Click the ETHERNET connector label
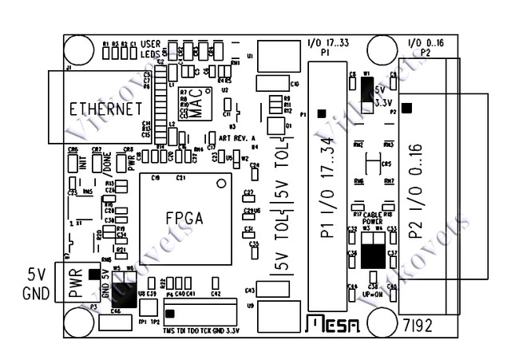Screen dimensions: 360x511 pyautogui.click(x=105, y=109)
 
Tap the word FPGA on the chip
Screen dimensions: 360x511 pyautogui.click(x=184, y=218)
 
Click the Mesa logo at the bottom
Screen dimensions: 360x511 pyautogui.click(x=333, y=323)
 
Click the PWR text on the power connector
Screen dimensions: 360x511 pyautogui.click(x=76, y=284)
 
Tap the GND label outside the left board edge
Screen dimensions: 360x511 pyautogui.click(x=36, y=293)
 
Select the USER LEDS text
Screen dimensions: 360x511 pyautogui.click(x=151, y=48)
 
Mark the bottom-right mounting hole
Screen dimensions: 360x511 pyautogui.click(x=446, y=323)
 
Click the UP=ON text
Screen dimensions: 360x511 pyautogui.click(x=373, y=294)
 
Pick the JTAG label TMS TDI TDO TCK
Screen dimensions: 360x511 pyautogui.click(x=188, y=330)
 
